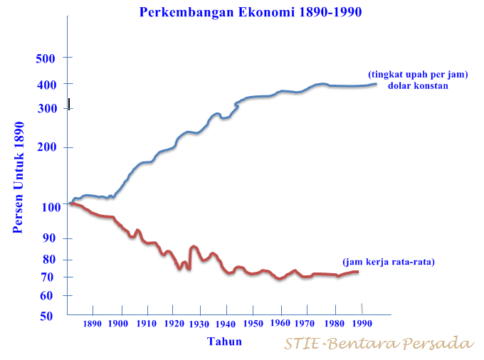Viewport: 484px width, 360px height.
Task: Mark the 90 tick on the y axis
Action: pyautogui.click(x=48, y=239)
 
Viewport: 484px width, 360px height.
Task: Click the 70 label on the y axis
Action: pyautogui.click(x=48, y=277)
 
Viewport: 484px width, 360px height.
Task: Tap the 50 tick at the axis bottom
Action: pyautogui.click(x=48, y=316)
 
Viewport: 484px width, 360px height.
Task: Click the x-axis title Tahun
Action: pyautogui.click(x=224, y=342)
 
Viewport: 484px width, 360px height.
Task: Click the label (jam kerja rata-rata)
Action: pyautogui.click(x=389, y=262)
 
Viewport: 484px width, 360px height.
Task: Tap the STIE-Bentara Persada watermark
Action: pyautogui.click(x=379, y=344)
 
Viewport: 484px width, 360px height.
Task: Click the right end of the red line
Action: pyautogui.click(x=357, y=272)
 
